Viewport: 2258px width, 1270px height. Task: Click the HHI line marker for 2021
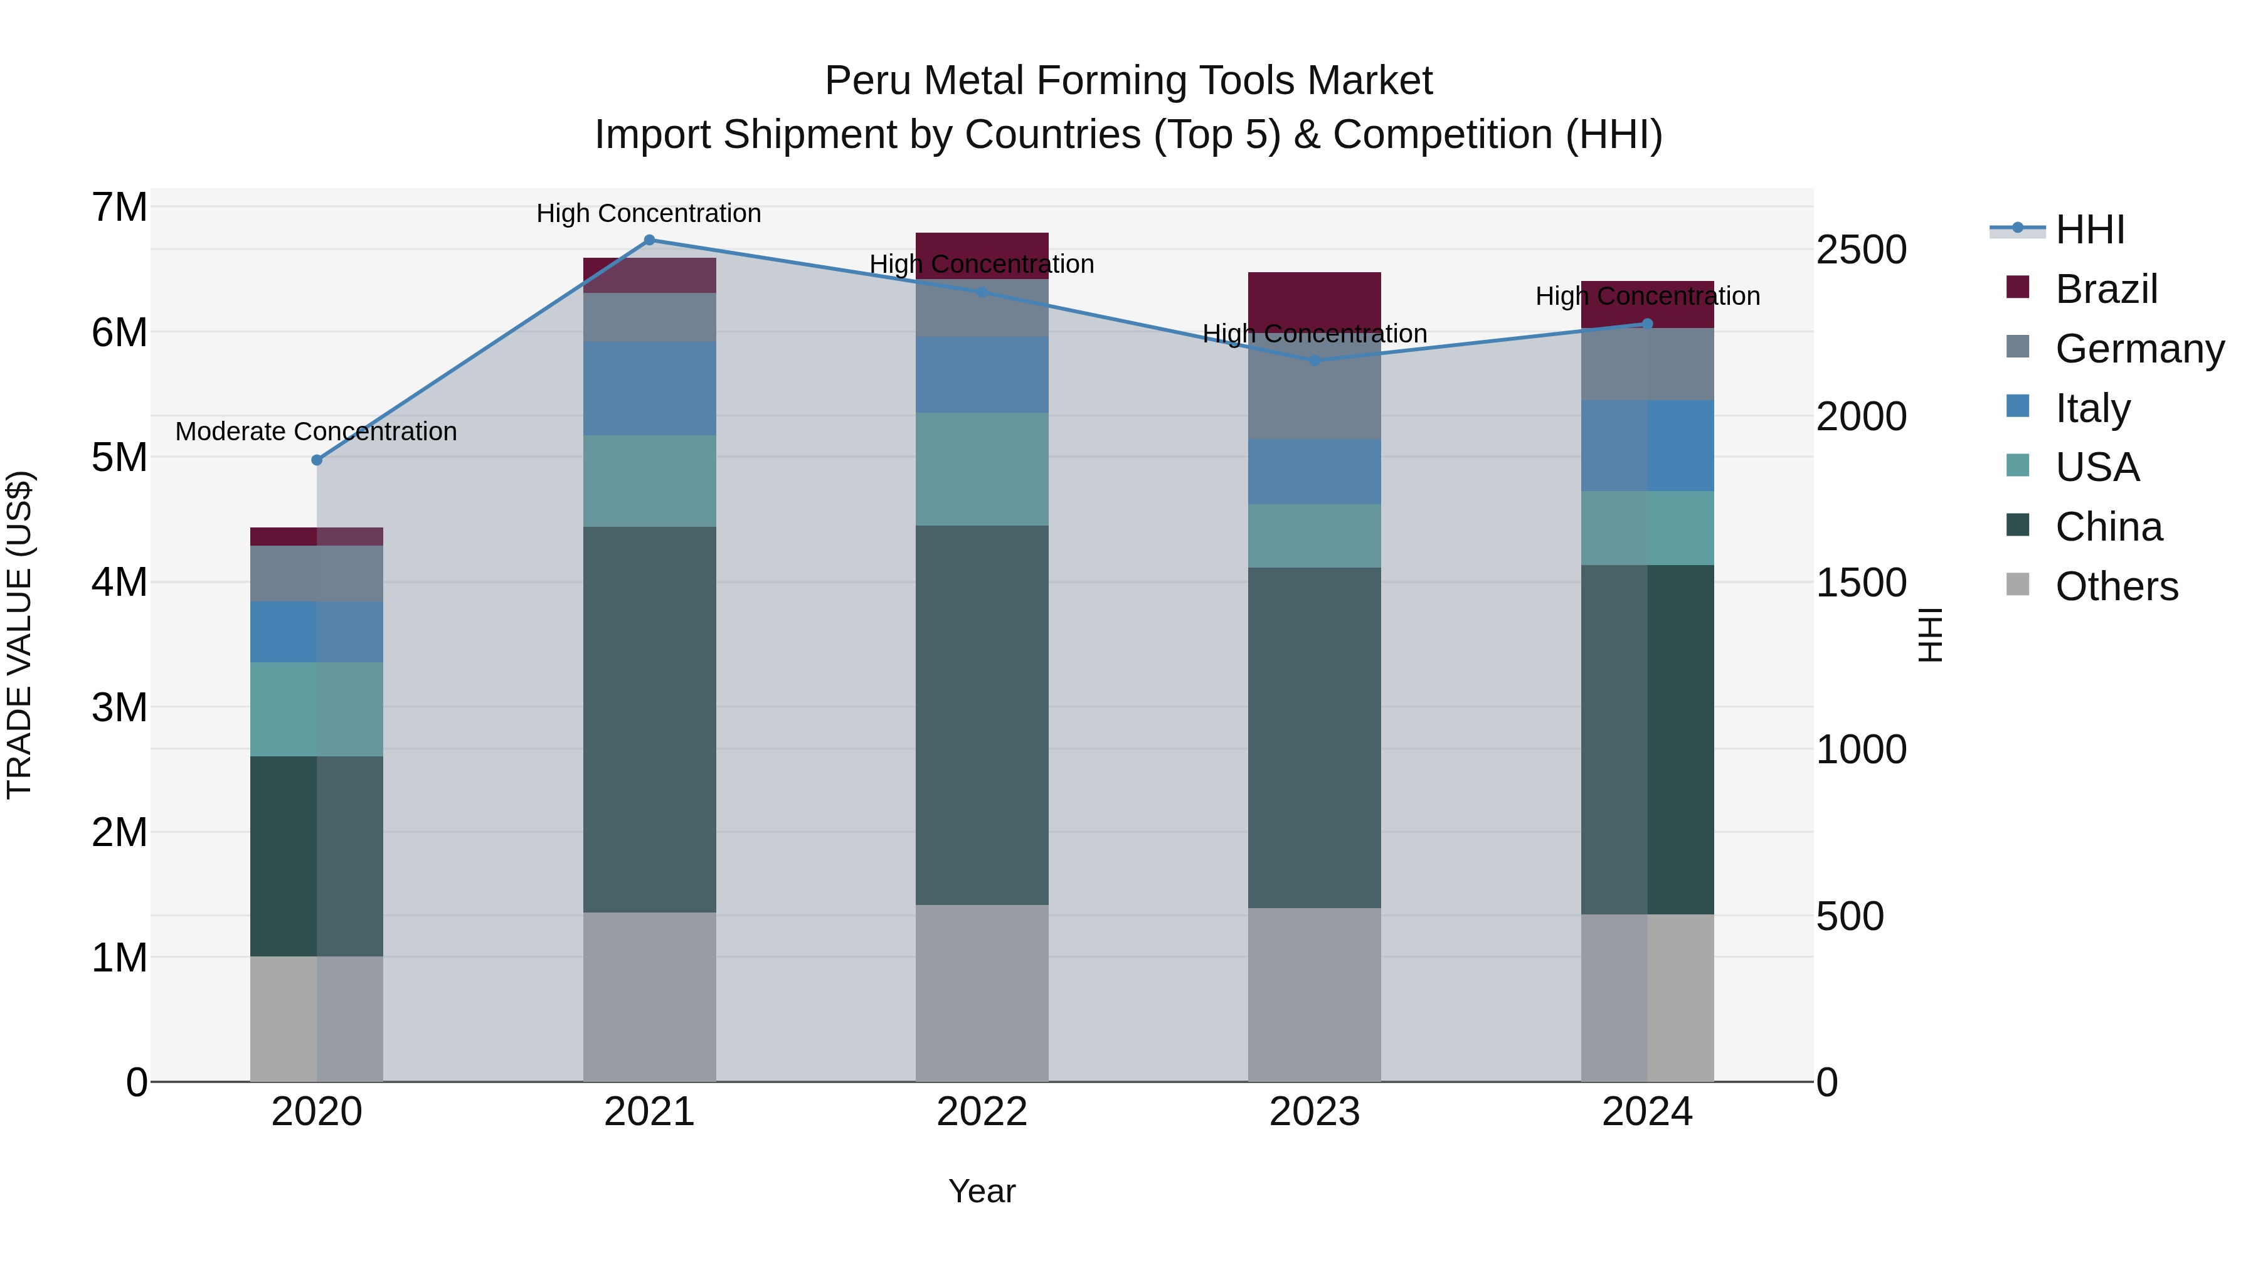(x=650, y=240)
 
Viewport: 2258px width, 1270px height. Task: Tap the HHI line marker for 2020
(x=317, y=460)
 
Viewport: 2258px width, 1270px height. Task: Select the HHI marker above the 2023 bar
(x=1314, y=360)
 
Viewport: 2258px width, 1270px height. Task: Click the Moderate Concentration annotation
(x=317, y=431)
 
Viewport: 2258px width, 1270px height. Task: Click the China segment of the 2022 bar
(x=982, y=714)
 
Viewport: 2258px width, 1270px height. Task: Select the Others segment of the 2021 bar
(x=650, y=997)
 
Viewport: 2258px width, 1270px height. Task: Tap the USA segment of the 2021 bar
(x=650, y=480)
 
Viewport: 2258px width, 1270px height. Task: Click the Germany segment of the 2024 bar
(x=1647, y=364)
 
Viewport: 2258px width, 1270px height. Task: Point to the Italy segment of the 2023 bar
(x=1314, y=472)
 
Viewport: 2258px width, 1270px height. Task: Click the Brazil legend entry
(x=2106, y=289)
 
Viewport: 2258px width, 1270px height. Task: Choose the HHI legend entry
(x=2090, y=230)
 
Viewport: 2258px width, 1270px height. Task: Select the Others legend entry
(x=2116, y=586)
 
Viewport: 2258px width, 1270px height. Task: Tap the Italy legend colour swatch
(x=2018, y=406)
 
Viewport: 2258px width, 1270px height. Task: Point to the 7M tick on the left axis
(x=119, y=208)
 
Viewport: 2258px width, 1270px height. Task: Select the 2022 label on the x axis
(x=982, y=1112)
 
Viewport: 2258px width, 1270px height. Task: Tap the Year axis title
(x=982, y=1191)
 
